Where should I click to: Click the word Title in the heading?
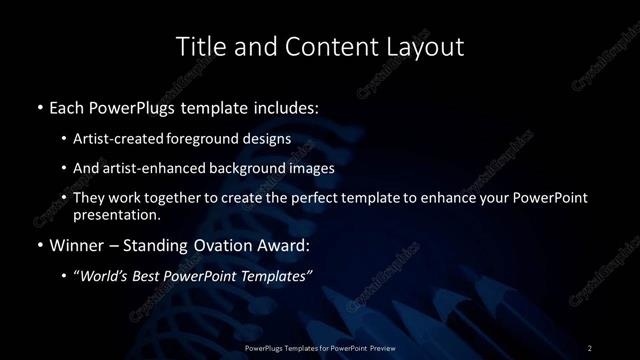198,47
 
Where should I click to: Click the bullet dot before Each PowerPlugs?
39,106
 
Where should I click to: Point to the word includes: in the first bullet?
289,106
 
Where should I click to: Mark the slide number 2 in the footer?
590,348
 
